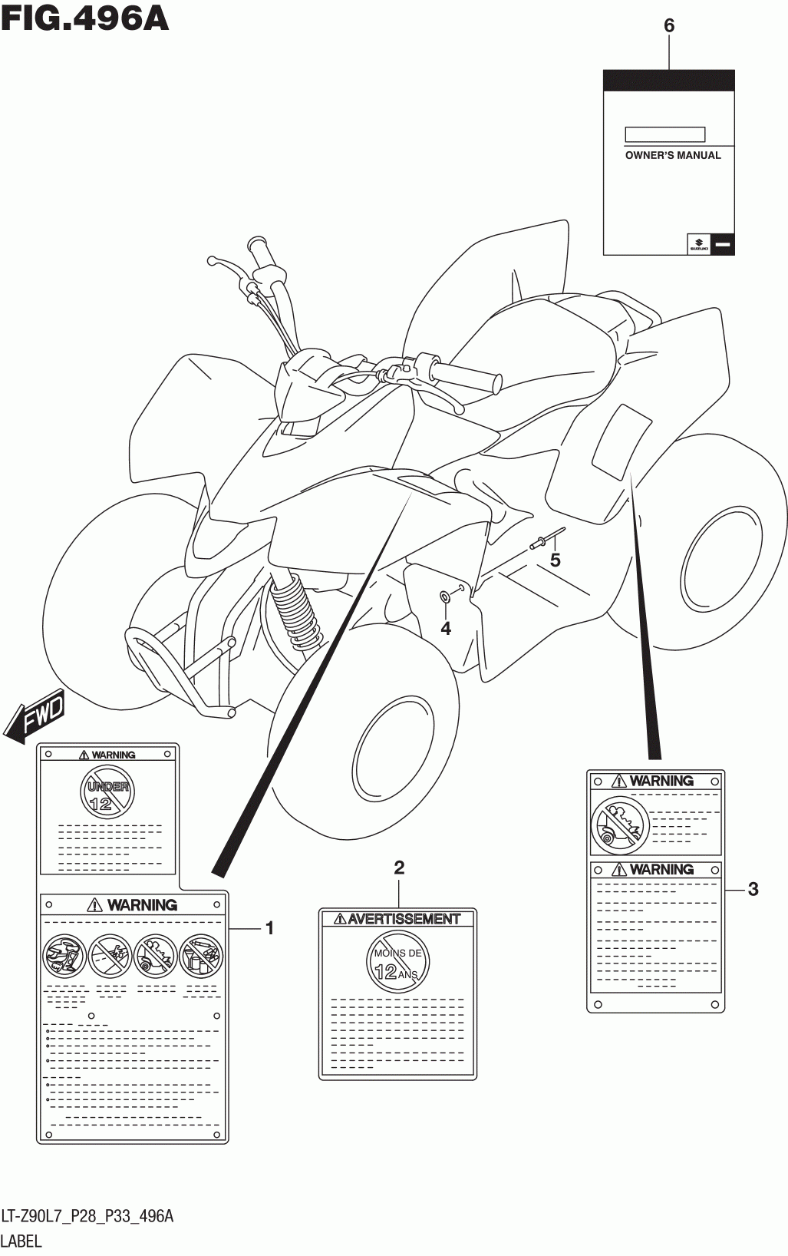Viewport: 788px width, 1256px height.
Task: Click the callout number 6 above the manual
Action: [x=668, y=26]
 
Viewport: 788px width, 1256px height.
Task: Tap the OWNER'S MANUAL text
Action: [x=673, y=155]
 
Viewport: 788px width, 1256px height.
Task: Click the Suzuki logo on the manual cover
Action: [x=699, y=243]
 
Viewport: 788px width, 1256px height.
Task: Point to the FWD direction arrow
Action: [x=35, y=716]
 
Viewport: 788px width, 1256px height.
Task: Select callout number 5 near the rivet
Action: [x=555, y=560]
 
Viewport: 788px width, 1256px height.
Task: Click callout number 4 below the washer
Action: [x=446, y=629]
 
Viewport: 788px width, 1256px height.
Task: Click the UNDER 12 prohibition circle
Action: [x=107, y=792]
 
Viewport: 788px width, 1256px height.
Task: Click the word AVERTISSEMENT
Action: [x=404, y=919]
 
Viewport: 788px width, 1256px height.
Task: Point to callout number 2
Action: [x=398, y=868]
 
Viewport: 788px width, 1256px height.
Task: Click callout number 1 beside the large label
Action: [x=269, y=928]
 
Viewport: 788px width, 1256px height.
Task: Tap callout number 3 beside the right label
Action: [x=753, y=889]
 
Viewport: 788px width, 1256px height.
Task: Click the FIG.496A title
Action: [x=85, y=18]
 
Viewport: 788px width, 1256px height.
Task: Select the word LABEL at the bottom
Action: [x=21, y=1241]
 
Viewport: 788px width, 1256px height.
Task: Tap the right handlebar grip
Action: [x=465, y=375]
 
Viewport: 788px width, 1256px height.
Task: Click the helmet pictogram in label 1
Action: [x=64, y=956]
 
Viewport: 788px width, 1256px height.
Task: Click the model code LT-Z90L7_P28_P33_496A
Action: [x=87, y=1216]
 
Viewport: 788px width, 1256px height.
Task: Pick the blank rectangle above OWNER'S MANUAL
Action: [x=664, y=134]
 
